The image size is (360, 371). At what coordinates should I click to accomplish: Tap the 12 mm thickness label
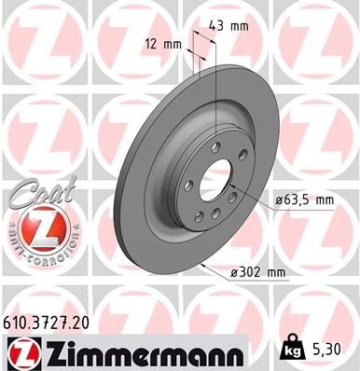pyautogui.click(x=163, y=44)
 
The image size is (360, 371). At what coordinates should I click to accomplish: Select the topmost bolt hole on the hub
pyautogui.click(x=214, y=147)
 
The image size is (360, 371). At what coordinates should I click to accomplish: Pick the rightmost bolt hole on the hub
pyautogui.click(x=244, y=168)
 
